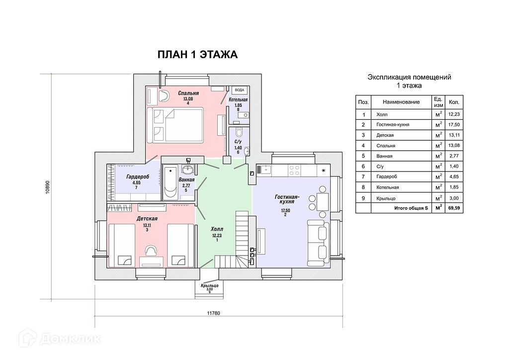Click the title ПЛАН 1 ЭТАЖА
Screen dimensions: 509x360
197,55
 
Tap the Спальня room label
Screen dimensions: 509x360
188,93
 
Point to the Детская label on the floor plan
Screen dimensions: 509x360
147,219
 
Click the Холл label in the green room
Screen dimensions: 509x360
217,229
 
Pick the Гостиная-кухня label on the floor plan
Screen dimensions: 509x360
285,200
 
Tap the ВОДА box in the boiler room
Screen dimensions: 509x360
239,90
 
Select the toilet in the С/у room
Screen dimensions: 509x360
238,133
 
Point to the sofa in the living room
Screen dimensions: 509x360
318,242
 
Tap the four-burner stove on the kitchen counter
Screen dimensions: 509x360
294,170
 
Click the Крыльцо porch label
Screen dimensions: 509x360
210,286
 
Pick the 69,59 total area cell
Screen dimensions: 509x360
453,208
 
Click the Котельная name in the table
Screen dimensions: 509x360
388,187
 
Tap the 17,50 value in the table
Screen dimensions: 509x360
453,124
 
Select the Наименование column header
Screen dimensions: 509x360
401,102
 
